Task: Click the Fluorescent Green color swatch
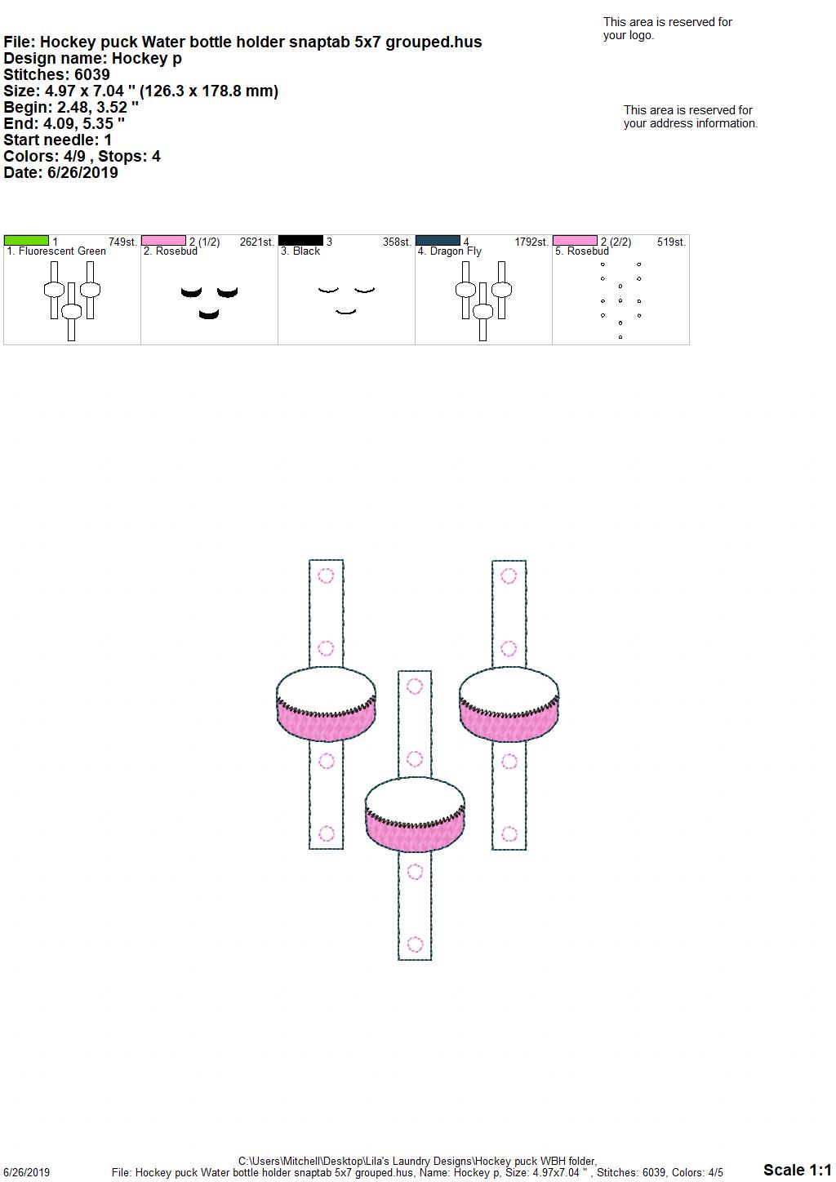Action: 26,240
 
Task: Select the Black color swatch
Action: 300,240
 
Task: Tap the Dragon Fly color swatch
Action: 438,240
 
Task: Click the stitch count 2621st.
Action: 256,242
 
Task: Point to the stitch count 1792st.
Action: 531,242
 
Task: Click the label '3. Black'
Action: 300,251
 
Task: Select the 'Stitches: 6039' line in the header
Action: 56,74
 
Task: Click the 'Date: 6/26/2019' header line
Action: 60,172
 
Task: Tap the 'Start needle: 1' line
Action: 57,140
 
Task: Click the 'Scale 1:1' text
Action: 797,1170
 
